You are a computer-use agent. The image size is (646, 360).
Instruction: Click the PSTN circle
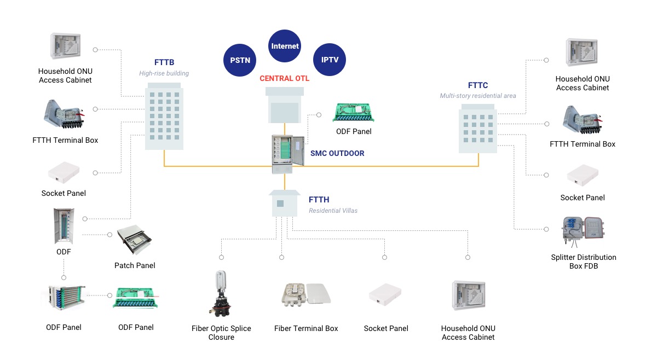tap(240, 60)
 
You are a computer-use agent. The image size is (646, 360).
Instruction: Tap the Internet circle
tap(285, 46)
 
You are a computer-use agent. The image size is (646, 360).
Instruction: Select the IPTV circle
tap(330, 60)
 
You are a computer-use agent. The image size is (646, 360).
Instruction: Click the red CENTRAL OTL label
tap(284, 78)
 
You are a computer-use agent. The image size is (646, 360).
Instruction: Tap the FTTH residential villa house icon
tap(284, 204)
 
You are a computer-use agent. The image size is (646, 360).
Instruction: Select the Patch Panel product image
tap(135, 241)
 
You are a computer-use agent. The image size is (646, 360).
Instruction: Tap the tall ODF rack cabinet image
tap(63, 226)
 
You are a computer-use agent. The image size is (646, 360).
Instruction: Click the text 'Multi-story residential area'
tap(478, 96)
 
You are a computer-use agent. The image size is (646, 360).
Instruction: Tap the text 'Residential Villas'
tap(333, 211)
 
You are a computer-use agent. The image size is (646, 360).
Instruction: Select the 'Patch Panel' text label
tap(135, 265)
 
